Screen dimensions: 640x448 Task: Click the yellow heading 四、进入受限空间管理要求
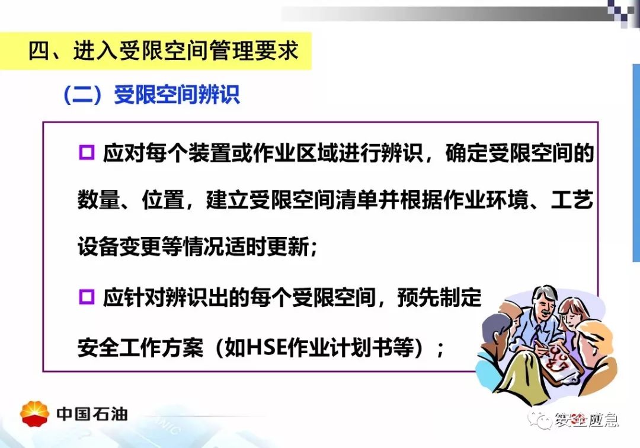(x=164, y=51)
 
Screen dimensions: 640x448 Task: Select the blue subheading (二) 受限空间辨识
(x=151, y=95)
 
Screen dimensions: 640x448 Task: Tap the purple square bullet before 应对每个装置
(x=87, y=153)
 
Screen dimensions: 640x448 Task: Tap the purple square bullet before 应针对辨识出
(x=87, y=297)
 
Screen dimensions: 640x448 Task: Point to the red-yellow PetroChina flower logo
(x=35, y=413)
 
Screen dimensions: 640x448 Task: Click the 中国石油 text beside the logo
(x=92, y=414)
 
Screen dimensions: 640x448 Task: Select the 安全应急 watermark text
(x=586, y=420)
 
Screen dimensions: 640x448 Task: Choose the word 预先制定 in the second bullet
(x=440, y=297)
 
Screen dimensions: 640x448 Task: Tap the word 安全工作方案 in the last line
(x=140, y=348)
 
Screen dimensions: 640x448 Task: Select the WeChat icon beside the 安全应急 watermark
(x=539, y=420)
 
